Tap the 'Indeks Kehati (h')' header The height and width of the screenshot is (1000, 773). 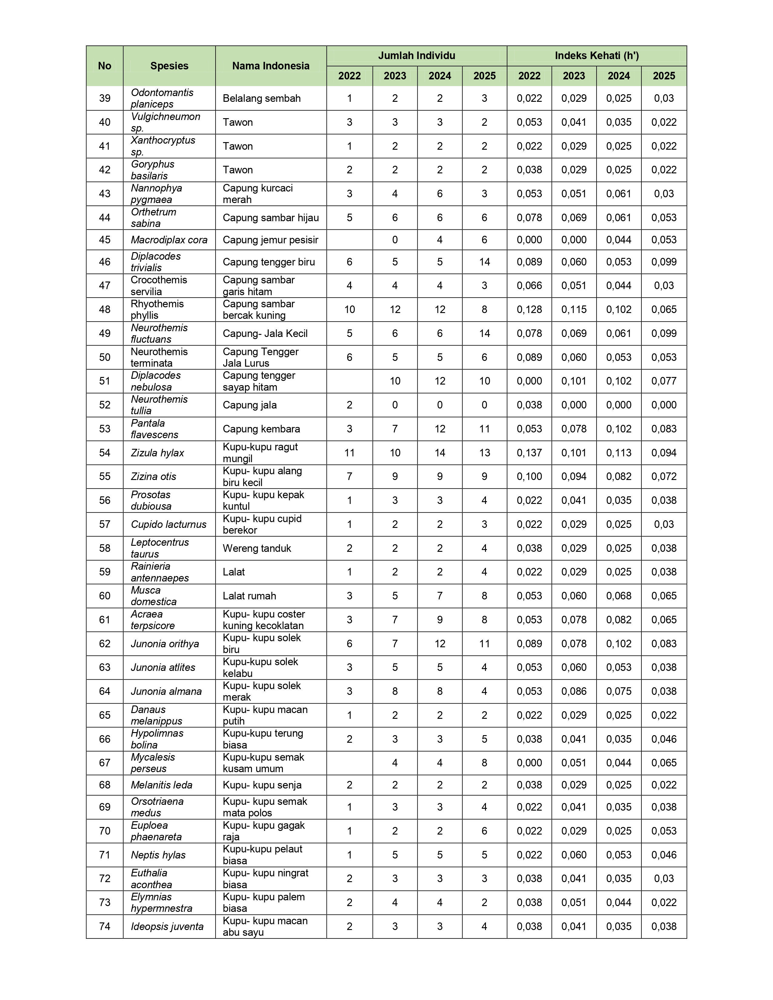pyautogui.click(x=596, y=56)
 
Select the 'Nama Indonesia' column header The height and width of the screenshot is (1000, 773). pyautogui.click(x=271, y=66)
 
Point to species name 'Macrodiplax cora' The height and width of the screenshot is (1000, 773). pyautogui.click(x=169, y=240)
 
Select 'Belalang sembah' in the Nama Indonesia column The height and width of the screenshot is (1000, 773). pyautogui.click(x=262, y=98)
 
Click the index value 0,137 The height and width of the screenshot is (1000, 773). pyautogui.click(x=529, y=453)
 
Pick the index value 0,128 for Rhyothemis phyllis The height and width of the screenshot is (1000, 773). pyautogui.click(x=529, y=309)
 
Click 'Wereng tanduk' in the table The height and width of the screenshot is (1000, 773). pyautogui.click(x=256, y=548)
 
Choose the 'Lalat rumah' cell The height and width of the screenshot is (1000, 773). pyautogui.click(x=249, y=596)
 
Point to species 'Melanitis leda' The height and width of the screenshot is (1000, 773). pyautogui.click(x=161, y=785)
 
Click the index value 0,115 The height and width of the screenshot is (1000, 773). pyautogui.click(x=574, y=309)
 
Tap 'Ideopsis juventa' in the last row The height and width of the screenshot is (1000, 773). pyautogui.click(x=167, y=927)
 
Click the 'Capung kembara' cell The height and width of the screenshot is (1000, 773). pyautogui.click(x=261, y=429)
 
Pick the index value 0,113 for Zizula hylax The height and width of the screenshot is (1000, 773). pyautogui.click(x=619, y=453)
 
